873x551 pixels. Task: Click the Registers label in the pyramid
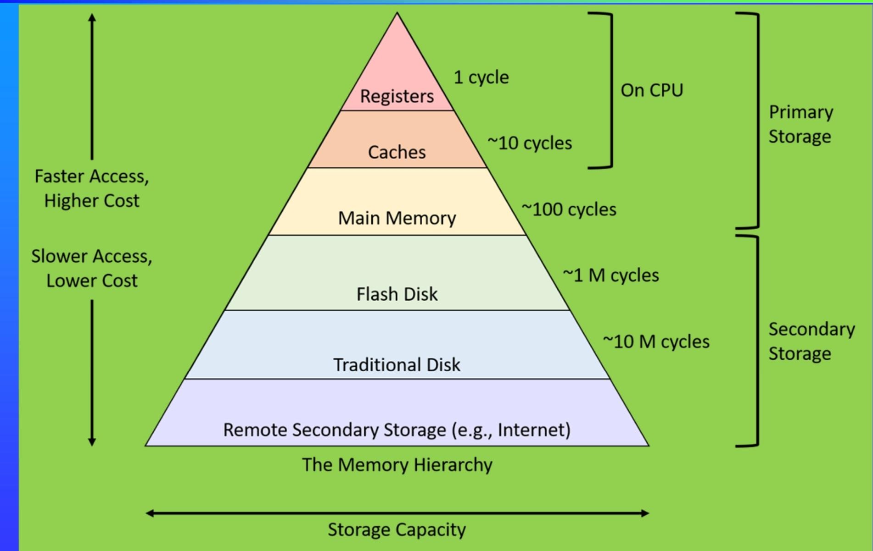tap(397, 96)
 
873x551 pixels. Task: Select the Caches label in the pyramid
tap(397, 152)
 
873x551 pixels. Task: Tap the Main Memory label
tap(397, 218)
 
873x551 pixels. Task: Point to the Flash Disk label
tap(397, 294)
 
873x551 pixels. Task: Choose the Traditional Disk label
tap(397, 365)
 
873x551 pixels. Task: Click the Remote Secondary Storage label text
tap(397, 430)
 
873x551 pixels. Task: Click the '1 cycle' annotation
tap(481, 77)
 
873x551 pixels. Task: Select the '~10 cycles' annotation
tap(530, 143)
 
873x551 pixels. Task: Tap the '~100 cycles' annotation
tap(569, 209)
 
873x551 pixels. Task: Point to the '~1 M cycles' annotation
tap(610, 275)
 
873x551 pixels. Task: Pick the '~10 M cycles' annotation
tap(656, 342)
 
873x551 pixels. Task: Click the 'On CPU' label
tap(652, 90)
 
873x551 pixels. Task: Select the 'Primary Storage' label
tap(800, 124)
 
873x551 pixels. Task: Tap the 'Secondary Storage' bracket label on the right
tap(811, 342)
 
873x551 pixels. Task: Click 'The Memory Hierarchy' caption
tap(397, 465)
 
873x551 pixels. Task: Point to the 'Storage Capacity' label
tap(397, 530)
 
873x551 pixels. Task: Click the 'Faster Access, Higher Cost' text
tap(92, 188)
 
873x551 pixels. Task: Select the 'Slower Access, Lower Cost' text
tap(92, 268)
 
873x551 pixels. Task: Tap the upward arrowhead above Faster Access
tap(92, 18)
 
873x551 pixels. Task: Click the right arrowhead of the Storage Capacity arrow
tap(645, 513)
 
